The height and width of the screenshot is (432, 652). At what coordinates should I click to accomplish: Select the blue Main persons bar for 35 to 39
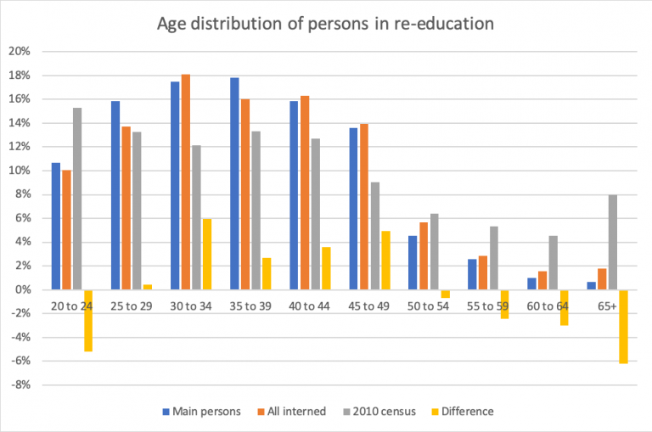tap(234, 183)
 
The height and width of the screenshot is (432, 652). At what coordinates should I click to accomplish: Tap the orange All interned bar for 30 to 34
tap(185, 182)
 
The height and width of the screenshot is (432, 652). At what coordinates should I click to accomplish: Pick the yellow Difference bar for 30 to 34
tap(207, 254)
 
